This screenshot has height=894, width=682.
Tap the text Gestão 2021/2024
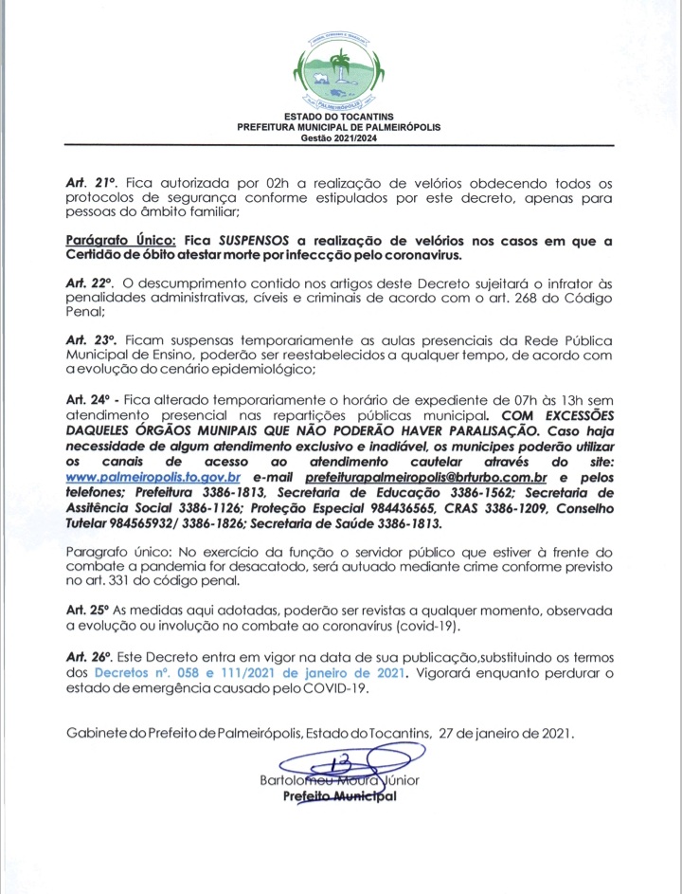[x=340, y=137]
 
